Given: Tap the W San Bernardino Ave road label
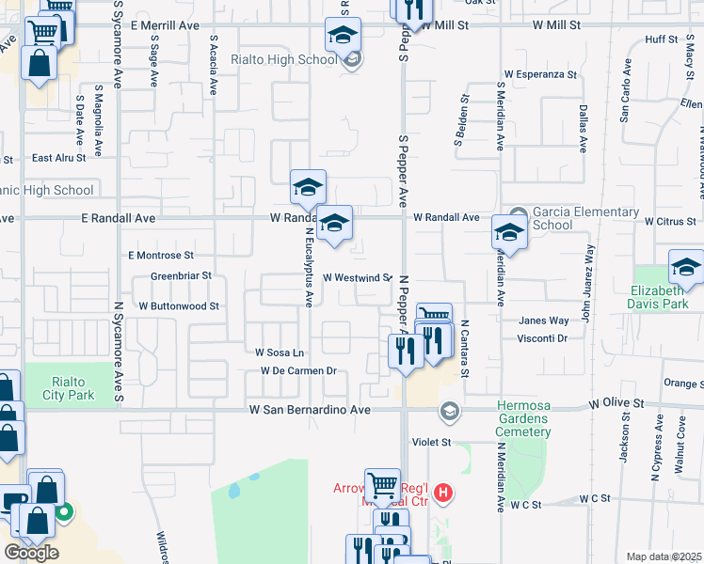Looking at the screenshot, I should click(x=310, y=410).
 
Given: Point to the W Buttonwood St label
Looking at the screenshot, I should click(x=179, y=306).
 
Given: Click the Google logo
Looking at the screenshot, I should click(x=31, y=553).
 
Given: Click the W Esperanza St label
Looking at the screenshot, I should click(x=540, y=72).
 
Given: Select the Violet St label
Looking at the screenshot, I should click(x=432, y=441).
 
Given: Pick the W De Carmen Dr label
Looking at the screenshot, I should click(x=298, y=370).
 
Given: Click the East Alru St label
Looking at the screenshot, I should click(x=59, y=158).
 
